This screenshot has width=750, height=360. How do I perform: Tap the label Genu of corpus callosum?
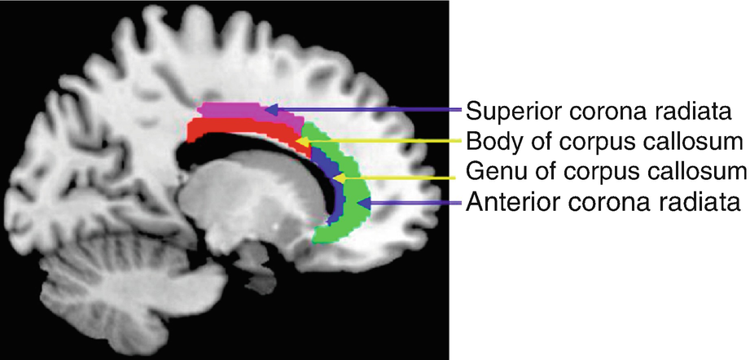(x=606, y=171)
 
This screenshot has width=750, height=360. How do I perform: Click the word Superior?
(x=502, y=109)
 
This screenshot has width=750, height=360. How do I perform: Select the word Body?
(x=489, y=142)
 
